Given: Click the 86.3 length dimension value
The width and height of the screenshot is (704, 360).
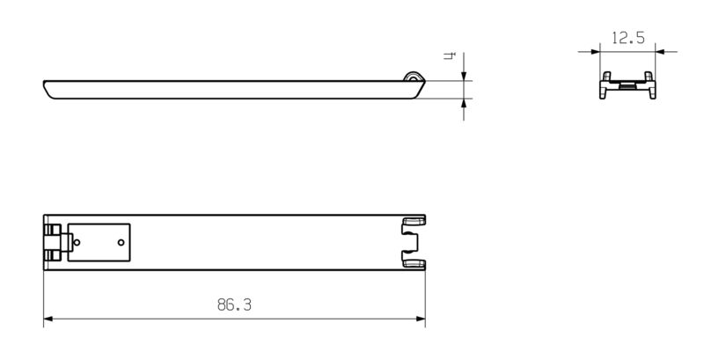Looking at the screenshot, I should click(234, 305).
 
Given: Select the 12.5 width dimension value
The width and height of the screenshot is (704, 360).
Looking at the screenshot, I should click(627, 39).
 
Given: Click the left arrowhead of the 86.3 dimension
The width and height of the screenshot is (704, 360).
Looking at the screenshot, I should click(49, 318).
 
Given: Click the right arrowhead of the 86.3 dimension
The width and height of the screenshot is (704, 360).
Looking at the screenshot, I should click(421, 318).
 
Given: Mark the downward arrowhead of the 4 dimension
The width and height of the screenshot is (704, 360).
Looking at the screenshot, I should click(464, 75).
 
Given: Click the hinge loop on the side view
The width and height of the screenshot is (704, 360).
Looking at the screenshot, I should click(411, 78).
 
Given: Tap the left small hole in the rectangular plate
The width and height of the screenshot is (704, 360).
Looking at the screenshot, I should click(78, 241).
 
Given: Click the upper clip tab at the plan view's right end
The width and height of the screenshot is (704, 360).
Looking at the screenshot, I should click(412, 222).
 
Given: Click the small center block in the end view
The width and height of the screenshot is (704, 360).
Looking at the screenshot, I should click(627, 86).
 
